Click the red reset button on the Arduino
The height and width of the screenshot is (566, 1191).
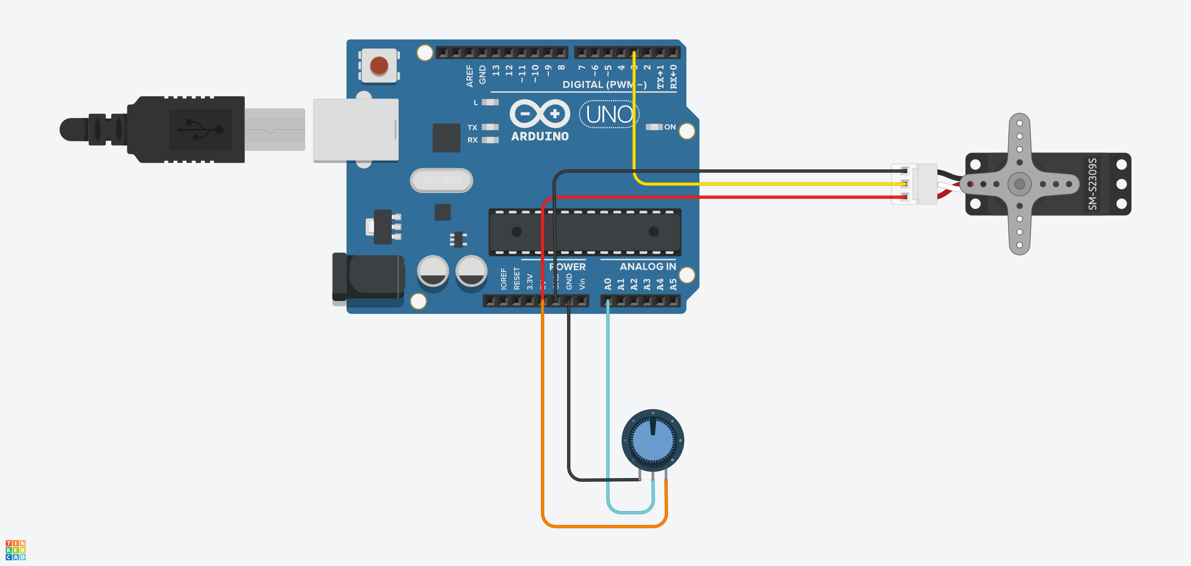coord(379,66)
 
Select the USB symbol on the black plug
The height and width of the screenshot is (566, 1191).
coord(201,129)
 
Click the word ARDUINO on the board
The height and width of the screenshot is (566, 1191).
coord(540,136)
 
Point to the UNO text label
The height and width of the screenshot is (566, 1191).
coord(609,114)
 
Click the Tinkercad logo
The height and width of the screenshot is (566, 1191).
coord(15,550)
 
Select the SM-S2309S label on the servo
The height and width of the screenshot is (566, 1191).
coord(1093,184)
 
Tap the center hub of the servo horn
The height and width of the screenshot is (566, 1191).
coord(1019,184)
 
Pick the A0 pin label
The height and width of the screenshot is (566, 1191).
coord(608,284)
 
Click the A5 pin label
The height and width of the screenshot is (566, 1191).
coord(673,284)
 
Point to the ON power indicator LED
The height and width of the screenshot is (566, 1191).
coord(654,127)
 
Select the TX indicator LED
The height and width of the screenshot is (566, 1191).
coord(490,127)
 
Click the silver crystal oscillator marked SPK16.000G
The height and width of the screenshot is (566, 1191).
coord(441,180)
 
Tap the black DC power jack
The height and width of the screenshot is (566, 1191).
coord(368,278)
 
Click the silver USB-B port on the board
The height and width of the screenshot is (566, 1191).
coord(356,130)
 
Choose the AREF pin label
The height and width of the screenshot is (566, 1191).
coord(469,75)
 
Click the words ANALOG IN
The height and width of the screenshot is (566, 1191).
coord(648,266)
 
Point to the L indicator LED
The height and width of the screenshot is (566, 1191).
coord(490,102)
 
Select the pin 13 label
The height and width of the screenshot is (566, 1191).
coord(496,70)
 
